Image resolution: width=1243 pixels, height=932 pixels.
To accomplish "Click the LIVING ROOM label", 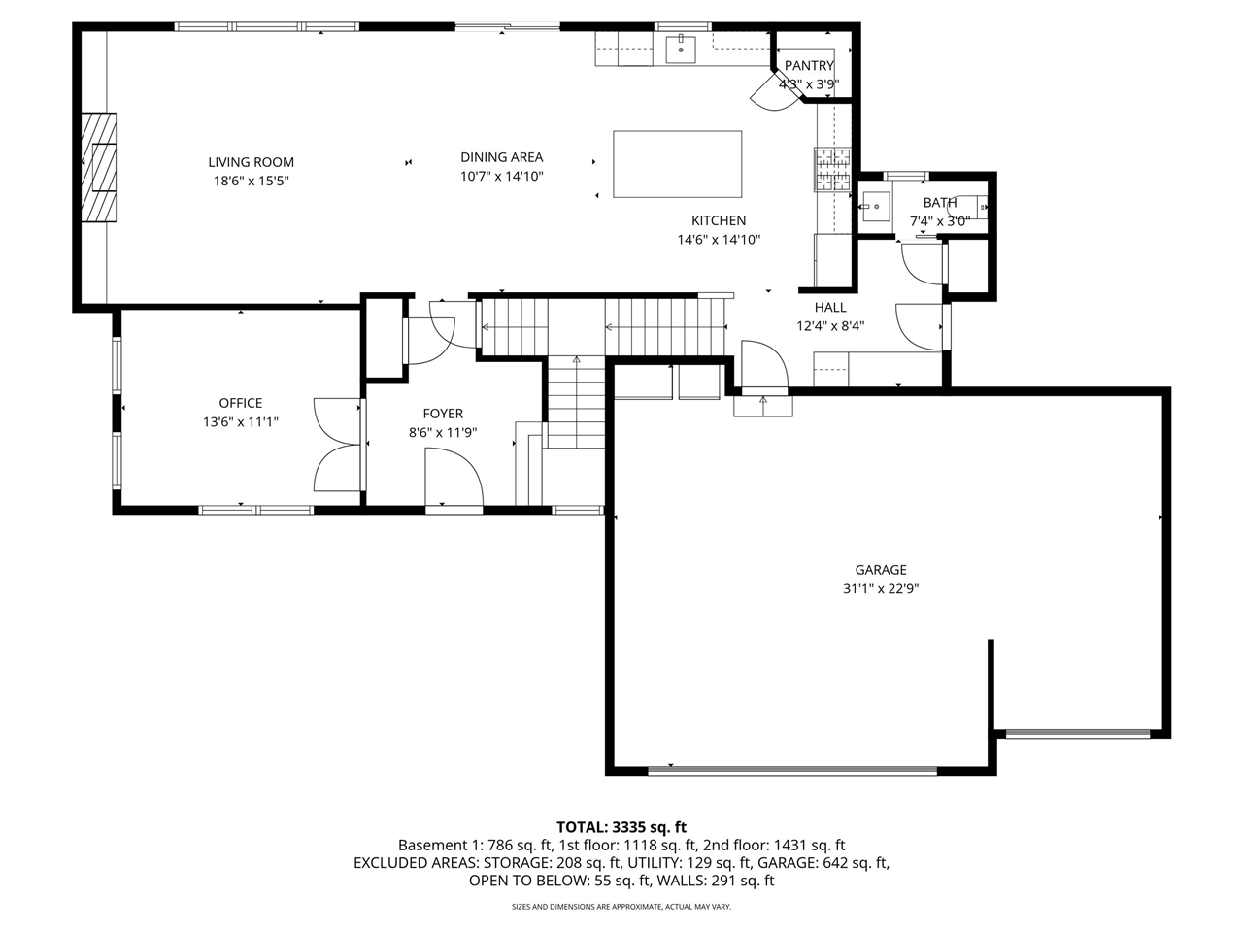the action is [251, 162].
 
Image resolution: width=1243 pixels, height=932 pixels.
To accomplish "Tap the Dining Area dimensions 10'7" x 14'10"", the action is [501, 176].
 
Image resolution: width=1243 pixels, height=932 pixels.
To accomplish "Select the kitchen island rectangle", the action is [677, 164].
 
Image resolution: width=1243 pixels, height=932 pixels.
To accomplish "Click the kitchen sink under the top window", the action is [680, 49].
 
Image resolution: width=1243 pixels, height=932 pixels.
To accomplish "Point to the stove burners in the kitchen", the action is [832, 169].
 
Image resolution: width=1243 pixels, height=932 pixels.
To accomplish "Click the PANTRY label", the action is [809, 66].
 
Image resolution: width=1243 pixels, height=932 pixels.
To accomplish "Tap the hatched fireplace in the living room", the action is [98, 168].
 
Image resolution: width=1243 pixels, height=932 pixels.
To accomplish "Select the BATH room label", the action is [939, 202].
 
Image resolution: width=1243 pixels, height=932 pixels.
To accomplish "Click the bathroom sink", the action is [875, 207].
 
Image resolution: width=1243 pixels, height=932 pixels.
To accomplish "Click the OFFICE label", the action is [241, 403].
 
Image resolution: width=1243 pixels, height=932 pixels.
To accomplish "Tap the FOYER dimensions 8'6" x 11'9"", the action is [443, 433].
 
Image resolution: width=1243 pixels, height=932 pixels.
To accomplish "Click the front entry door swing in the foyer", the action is [454, 477].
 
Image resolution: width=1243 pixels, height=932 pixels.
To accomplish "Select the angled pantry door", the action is [775, 91].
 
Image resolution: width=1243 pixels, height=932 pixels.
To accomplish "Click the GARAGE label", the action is [881, 569].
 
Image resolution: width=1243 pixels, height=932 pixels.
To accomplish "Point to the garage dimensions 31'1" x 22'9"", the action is [881, 588].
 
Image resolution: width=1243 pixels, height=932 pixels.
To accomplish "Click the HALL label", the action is [830, 308].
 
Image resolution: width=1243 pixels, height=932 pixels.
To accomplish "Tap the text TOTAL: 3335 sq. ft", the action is [621, 827].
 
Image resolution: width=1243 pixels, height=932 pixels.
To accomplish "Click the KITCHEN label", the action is [719, 220].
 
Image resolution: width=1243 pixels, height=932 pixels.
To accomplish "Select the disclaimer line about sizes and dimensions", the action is [621, 907].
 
